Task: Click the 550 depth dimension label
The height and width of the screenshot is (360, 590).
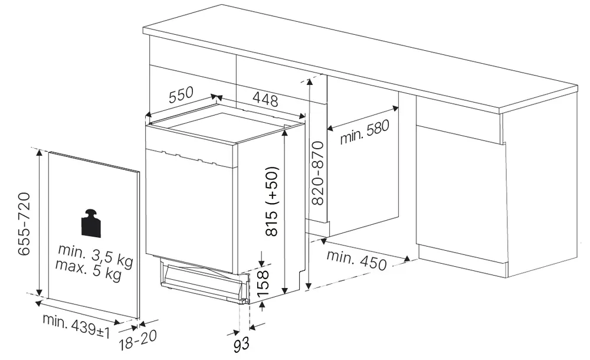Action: click(181, 94)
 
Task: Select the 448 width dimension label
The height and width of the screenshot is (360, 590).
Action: click(265, 99)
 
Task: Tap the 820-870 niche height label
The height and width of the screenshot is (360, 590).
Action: click(318, 174)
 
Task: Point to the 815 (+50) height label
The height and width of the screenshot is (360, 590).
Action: click(271, 201)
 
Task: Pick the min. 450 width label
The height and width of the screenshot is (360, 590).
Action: click(356, 260)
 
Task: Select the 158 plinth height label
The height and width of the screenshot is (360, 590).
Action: click(263, 283)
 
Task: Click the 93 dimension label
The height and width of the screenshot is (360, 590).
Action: click(241, 345)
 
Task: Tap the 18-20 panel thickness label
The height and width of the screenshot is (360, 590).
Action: click(137, 340)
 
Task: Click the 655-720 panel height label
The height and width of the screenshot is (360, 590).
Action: click(24, 224)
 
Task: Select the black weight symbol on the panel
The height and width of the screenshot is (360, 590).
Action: click(91, 222)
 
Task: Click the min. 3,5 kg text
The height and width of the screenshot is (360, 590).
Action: click(96, 255)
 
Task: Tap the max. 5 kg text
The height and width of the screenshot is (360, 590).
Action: click(89, 269)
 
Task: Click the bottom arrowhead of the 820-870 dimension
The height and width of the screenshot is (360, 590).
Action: click(308, 286)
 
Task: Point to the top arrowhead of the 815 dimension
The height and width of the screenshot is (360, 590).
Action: click(285, 133)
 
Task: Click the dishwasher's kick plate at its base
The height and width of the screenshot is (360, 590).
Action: click(203, 280)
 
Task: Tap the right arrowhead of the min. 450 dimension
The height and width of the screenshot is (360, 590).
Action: click(407, 259)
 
